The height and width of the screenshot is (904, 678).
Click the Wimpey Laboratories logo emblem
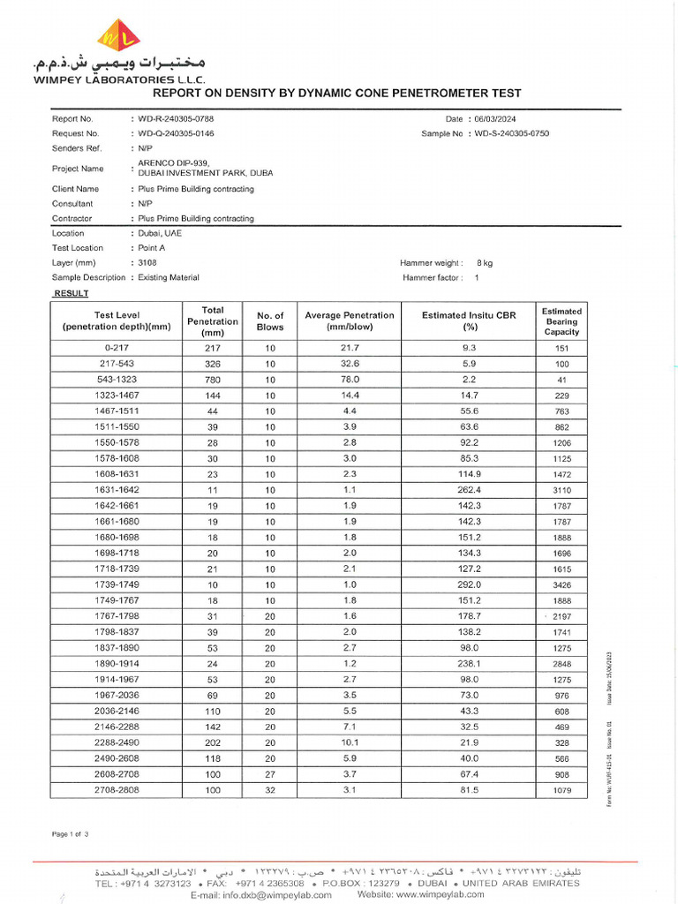(117, 35)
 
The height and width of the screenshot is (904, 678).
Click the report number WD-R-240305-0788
(175, 118)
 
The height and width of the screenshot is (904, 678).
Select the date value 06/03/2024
(497, 118)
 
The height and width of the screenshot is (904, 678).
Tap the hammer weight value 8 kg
(485, 263)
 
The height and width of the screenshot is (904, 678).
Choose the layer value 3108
(147, 263)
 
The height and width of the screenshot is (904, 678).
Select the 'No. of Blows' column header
(270, 321)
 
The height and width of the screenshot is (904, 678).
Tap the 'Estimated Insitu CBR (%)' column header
(469, 321)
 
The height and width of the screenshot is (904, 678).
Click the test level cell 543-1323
(117, 380)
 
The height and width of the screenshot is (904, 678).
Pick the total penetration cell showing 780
(213, 380)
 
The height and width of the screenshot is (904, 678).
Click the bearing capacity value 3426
(561, 585)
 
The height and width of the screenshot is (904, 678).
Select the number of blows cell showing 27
(270, 774)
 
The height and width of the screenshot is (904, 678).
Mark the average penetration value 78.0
(350, 380)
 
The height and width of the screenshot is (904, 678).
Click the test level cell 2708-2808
(117, 790)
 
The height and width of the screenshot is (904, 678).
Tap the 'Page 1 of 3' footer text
(71, 834)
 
